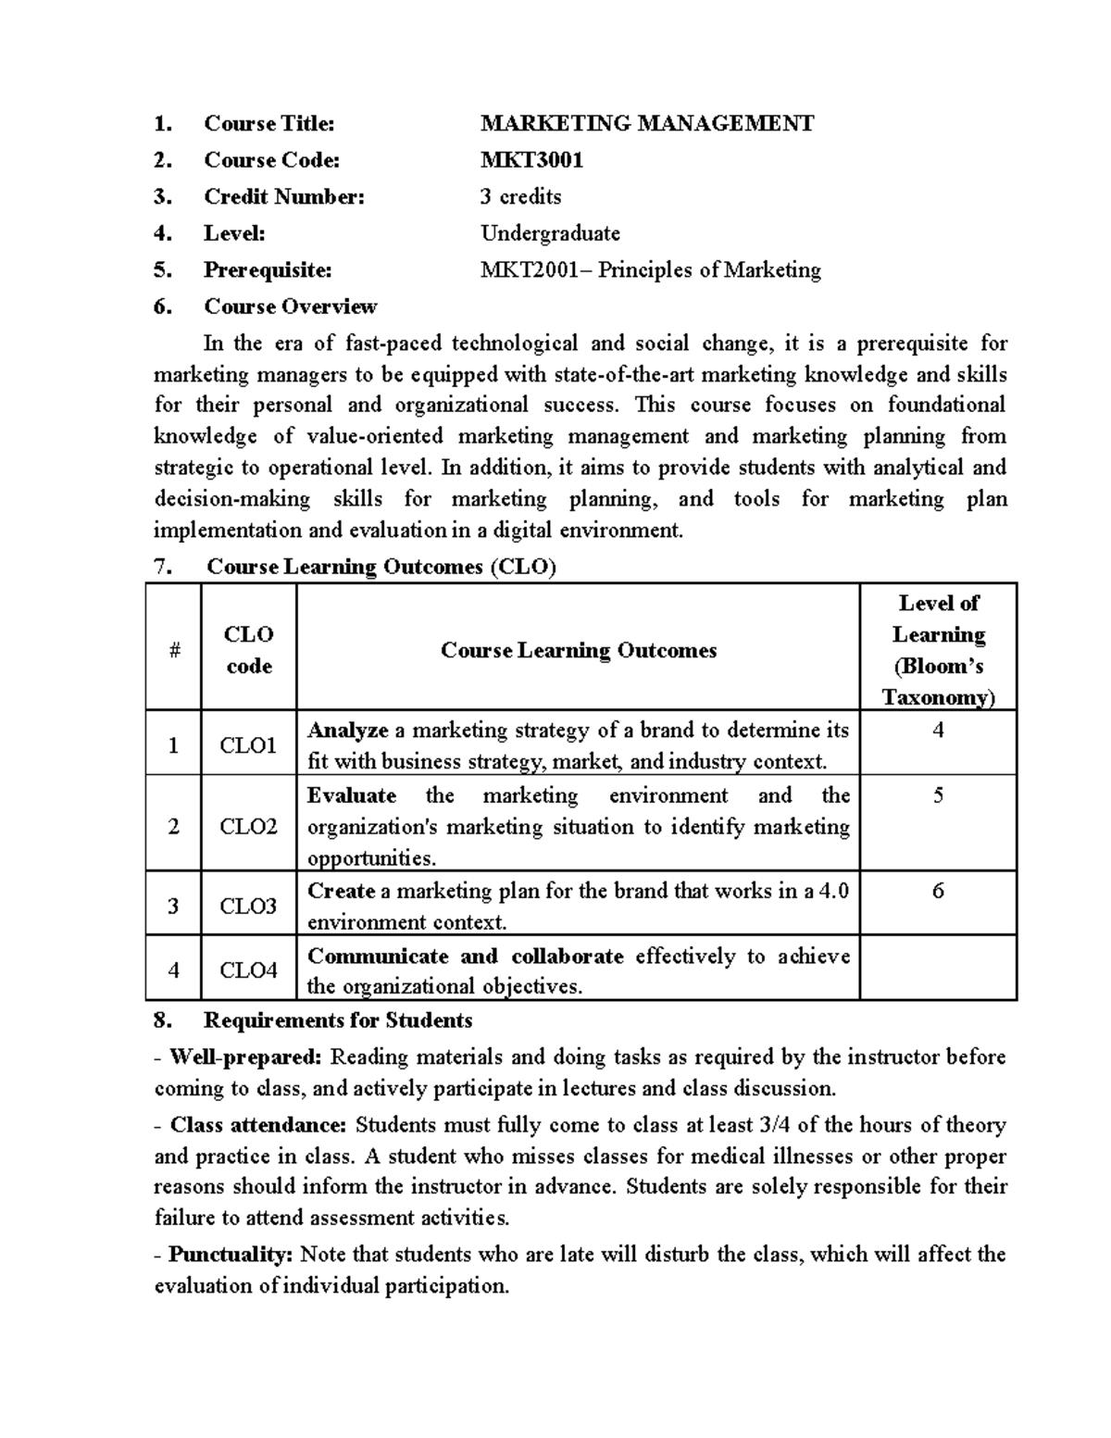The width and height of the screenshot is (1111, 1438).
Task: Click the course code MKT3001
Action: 531,160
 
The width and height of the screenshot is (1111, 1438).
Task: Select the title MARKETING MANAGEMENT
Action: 647,123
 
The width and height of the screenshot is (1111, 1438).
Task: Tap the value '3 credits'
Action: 520,196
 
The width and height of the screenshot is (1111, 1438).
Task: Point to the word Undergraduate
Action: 550,233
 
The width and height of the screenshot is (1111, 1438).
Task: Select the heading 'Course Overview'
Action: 290,306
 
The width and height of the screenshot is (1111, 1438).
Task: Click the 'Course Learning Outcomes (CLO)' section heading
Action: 381,567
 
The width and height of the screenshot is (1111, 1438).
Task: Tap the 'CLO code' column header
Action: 248,650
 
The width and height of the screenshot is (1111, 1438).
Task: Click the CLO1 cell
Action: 248,745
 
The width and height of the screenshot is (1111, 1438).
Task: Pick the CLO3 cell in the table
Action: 248,906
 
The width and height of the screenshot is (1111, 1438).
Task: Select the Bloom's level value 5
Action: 938,795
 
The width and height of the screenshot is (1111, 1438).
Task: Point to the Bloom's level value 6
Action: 938,891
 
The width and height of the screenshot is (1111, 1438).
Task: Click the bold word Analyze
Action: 347,731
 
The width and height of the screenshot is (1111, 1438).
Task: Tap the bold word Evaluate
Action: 351,795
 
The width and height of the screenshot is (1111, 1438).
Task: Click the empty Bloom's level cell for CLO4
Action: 938,969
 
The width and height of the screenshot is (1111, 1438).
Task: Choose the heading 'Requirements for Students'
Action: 338,1020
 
